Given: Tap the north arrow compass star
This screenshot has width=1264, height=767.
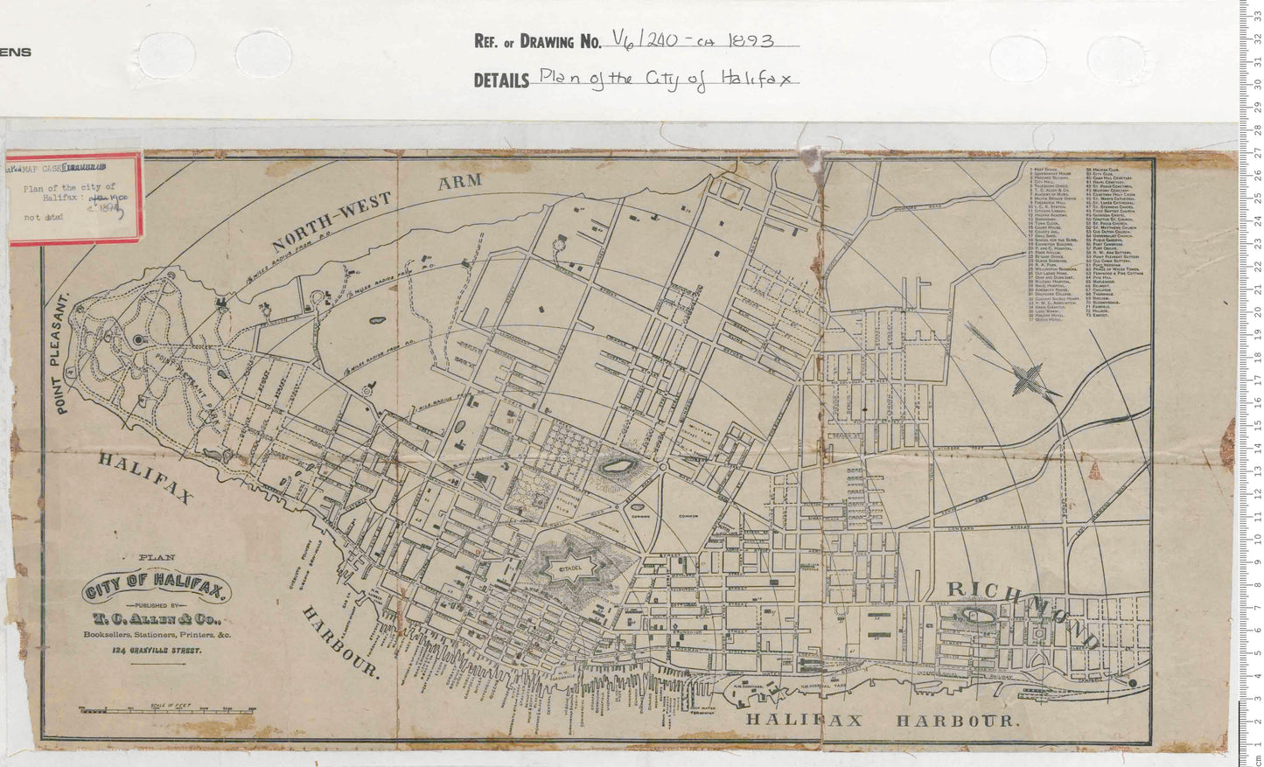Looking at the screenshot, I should pos(1022,378).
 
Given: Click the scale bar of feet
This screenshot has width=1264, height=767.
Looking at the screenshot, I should pos(166,706).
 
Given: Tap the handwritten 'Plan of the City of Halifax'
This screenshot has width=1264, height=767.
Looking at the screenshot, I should pos(665,78).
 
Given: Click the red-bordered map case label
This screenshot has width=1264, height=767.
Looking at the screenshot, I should pos(74,199).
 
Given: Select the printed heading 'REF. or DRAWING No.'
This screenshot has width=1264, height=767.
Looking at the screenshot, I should pos(537,41).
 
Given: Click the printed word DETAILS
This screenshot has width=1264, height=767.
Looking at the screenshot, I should pos(501,80).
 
